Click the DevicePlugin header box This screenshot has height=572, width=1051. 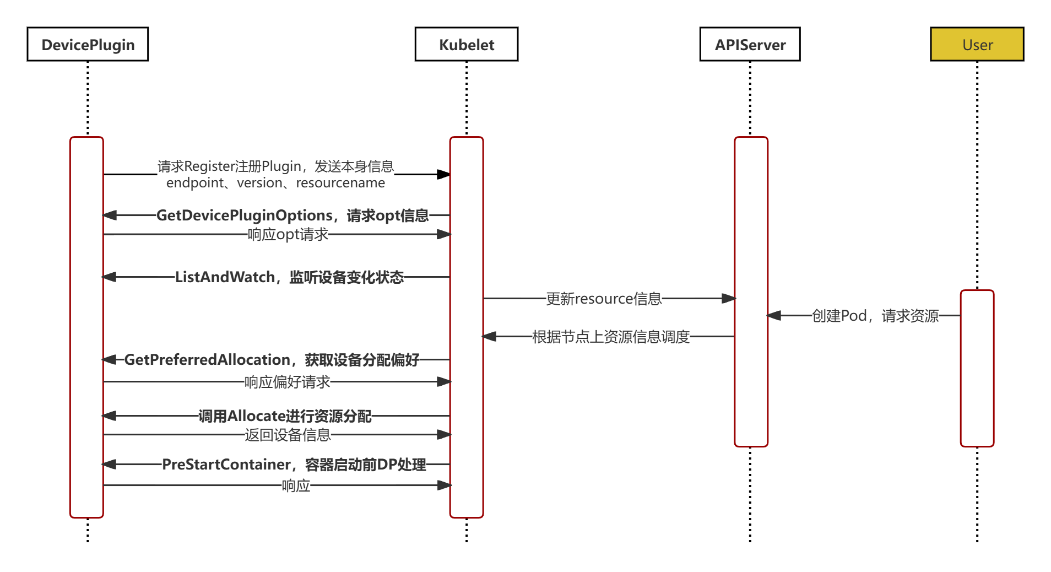tap(88, 44)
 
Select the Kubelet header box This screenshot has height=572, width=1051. tap(467, 44)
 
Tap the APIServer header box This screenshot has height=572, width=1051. tap(750, 44)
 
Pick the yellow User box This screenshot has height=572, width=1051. tap(977, 44)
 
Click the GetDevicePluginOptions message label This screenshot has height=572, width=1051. tap(292, 215)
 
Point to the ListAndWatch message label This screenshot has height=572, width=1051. tap(290, 277)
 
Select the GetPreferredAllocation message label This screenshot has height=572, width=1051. tap(272, 360)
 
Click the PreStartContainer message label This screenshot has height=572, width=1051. tap(294, 465)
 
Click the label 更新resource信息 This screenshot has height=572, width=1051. tap(604, 299)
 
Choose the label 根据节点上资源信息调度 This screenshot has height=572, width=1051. tap(611, 336)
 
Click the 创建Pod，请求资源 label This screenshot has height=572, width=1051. tap(875, 316)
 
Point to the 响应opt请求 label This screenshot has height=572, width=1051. tap(288, 235)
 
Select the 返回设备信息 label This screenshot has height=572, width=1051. tap(288, 435)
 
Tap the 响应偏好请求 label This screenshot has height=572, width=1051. tap(288, 382)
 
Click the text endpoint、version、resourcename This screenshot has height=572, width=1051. tap(275, 183)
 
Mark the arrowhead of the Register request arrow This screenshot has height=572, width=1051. tap(444, 174)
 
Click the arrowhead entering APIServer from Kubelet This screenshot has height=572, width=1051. tap(729, 299)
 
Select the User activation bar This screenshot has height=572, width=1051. tap(977, 368)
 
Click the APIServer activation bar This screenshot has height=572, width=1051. tap(751, 292)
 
